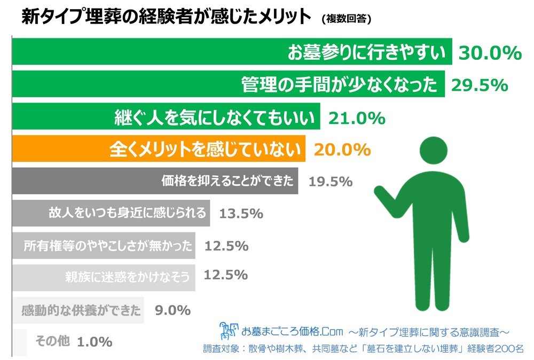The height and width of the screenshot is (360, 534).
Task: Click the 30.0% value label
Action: coord(490,52)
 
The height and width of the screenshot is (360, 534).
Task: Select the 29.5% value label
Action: coord(478,85)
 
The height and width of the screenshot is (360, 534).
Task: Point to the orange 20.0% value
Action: coord(342,150)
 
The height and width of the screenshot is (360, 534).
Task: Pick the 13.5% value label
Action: coord(241,214)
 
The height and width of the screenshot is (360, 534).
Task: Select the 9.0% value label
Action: coord(172,310)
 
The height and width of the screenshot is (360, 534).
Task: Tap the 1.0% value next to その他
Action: coord(95,341)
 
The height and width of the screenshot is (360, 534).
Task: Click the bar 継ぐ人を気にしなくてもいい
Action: coord(166,117)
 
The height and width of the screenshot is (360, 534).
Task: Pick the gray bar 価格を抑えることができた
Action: coord(155,181)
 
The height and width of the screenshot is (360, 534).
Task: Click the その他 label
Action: coord(52,341)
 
